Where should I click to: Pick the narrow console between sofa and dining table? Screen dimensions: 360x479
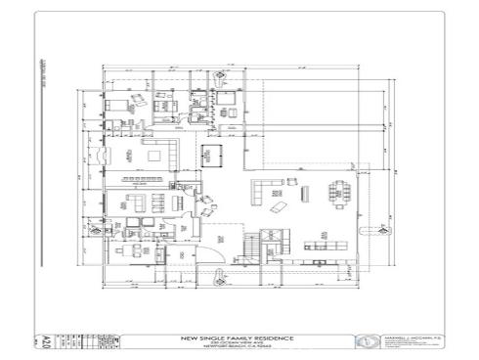pyautogui.click(x=305, y=191)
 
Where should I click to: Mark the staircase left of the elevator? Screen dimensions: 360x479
pyautogui.click(x=251, y=245)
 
